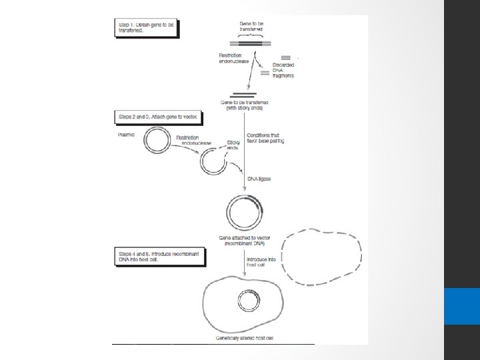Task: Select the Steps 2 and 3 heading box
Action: [158, 117]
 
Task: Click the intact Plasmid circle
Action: [157, 141]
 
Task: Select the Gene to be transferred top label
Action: [251, 27]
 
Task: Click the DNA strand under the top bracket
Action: [251, 44]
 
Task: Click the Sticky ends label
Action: [233, 145]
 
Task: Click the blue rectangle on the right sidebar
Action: [461, 306]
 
